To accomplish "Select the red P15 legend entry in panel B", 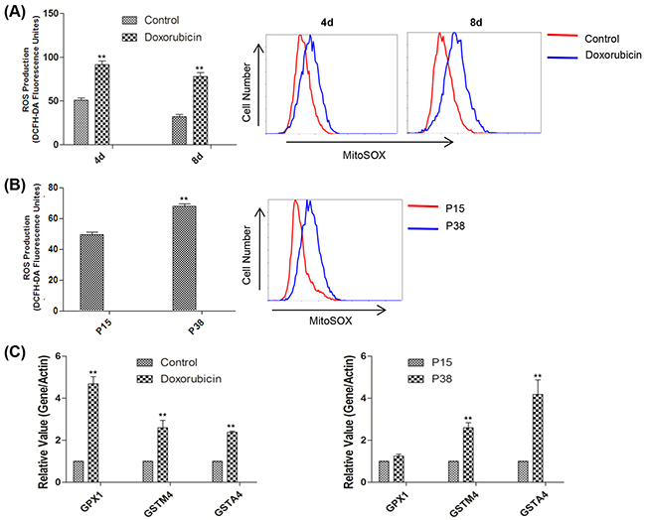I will click(421, 209).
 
